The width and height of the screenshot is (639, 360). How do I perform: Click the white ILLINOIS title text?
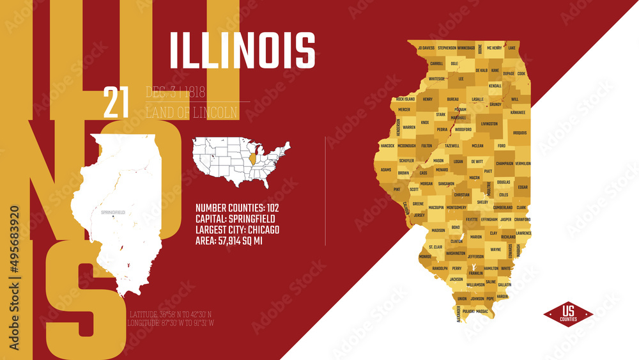click(x=243, y=49)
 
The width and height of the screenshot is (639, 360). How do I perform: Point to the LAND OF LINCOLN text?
click(x=192, y=113)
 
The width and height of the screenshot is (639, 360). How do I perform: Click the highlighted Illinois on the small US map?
click(x=252, y=158)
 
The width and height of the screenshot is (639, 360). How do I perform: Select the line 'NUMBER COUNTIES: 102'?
click(x=237, y=208)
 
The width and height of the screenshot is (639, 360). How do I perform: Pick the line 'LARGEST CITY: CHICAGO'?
click(x=237, y=230)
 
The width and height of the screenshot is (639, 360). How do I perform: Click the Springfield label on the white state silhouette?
click(x=112, y=212)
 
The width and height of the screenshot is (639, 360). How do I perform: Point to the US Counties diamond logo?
click(x=568, y=313)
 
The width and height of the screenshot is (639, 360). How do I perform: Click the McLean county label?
click(x=477, y=146)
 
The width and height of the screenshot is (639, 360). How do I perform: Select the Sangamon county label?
click(x=447, y=184)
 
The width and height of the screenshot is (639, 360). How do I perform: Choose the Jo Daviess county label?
click(x=426, y=48)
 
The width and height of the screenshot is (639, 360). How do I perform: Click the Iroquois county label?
click(x=520, y=133)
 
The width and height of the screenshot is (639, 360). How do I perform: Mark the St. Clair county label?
click(x=435, y=247)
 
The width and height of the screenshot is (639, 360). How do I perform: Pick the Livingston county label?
click(x=489, y=124)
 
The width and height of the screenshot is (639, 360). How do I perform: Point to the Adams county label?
click(x=386, y=170)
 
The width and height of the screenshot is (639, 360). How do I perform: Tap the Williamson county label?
click(x=475, y=285)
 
